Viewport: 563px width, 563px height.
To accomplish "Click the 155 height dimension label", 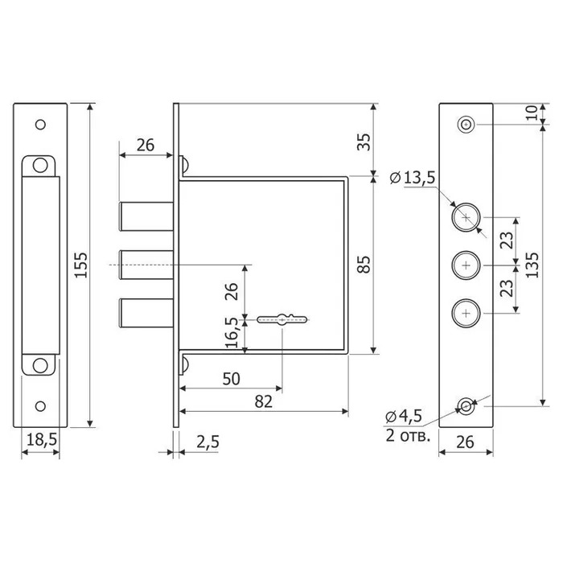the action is (x=81, y=265).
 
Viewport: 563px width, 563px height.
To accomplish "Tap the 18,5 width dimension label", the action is (x=42, y=439).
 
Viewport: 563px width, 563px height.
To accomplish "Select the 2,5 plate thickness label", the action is (x=208, y=442).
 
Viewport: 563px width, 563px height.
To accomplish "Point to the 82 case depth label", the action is (x=264, y=402).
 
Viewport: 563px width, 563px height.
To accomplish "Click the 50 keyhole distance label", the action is (x=231, y=379).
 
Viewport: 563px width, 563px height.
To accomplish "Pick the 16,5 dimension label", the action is (x=232, y=332).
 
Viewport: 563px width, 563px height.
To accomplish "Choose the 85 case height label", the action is (x=364, y=265).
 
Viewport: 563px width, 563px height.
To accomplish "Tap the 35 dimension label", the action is (x=364, y=142).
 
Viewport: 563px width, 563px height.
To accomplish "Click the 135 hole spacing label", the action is (x=532, y=265).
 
